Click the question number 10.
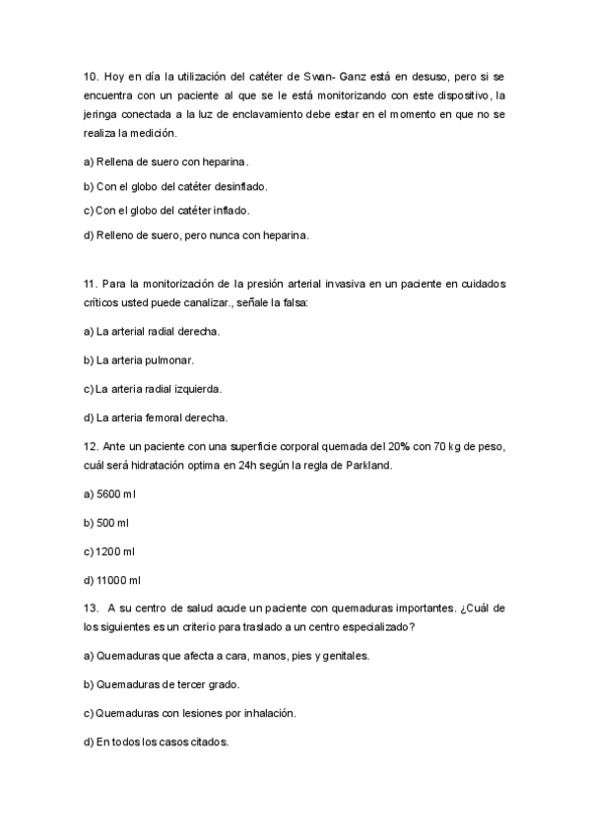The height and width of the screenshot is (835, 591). (90, 76)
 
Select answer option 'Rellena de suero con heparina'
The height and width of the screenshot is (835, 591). (166, 161)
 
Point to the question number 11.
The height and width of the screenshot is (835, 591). (90, 284)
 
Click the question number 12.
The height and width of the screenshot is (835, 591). (90, 445)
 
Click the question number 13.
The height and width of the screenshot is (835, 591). (90, 608)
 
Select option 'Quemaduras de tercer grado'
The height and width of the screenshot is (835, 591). (161, 683)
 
